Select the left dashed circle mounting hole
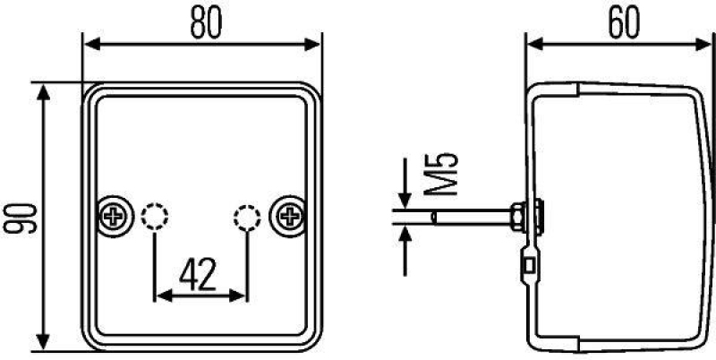pyautogui.click(x=155, y=215)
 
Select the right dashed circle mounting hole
pyautogui.click(x=246, y=215)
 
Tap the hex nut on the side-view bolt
pyautogui.click(x=516, y=215)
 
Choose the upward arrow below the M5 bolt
pyautogui.click(x=405, y=235)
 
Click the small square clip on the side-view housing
pyautogui.click(x=531, y=264)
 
